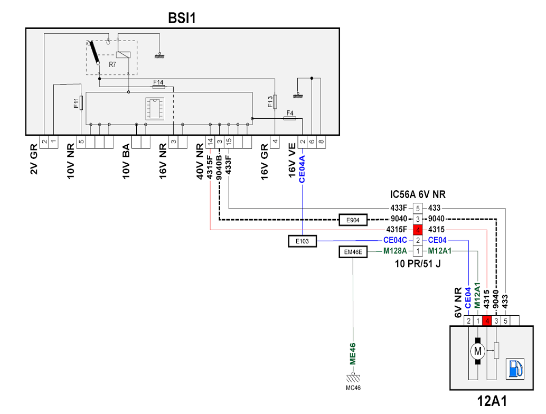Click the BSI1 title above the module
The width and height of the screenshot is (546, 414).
(182, 18)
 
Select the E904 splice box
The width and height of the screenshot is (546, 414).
(353, 220)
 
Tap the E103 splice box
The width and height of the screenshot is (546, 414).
(302, 241)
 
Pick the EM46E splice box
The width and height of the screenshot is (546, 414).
(353, 252)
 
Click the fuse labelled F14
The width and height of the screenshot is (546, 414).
(159, 87)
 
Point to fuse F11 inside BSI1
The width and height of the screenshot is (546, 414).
(81, 103)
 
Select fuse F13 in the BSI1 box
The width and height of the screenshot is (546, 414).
(275, 102)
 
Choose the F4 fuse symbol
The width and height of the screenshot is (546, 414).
(290, 118)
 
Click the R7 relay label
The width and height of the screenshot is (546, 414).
(112, 64)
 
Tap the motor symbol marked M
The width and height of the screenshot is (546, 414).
(477, 351)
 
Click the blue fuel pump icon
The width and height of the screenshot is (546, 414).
(515, 369)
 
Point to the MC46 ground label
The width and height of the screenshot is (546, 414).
(353, 388)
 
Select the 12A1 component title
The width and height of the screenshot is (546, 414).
(492, 401)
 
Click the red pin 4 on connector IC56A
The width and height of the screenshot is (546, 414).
(418, 230)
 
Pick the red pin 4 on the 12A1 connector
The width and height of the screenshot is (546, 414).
(487, 321)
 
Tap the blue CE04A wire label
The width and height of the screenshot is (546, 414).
(302, 169)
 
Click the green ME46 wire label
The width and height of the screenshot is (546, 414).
(353, 354)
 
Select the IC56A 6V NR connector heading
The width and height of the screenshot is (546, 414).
(418, 194)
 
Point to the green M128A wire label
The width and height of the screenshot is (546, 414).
(395, 251)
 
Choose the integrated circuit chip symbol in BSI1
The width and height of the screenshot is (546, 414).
(155, 109)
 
